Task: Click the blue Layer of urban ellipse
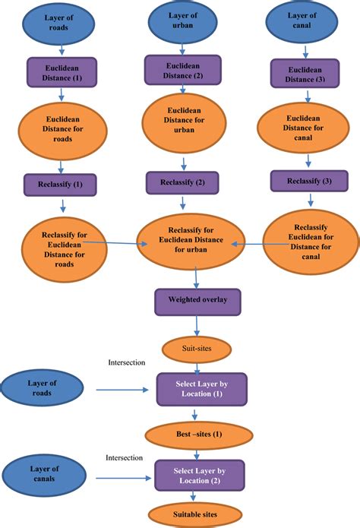click(182, 23)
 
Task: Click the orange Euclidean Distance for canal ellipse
click(304, 130)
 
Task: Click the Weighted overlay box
click(197, 300)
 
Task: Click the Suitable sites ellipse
click(196, 514)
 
